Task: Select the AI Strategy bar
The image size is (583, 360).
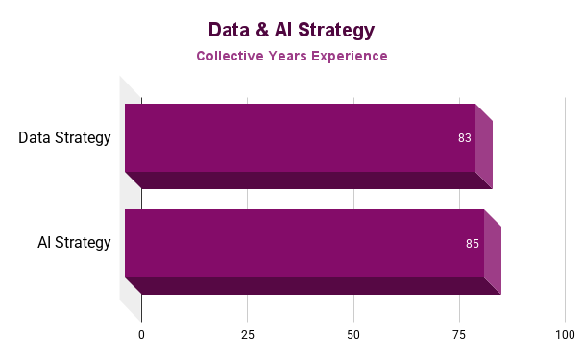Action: tap(304, 243)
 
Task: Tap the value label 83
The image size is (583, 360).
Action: tap(465, 138)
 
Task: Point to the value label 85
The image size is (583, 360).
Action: tap(473, 244)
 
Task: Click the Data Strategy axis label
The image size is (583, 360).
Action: tap(64, 137)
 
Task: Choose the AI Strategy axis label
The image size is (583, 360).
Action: tap(74, 242)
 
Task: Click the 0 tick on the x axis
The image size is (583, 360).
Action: tap(141, 335)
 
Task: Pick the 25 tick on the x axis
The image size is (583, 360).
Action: tap(248, 335)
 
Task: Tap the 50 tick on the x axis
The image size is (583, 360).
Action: tap(353, 335)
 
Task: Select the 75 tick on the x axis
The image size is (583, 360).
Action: tap(459, 335)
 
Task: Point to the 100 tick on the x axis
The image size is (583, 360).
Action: tap(565, 335)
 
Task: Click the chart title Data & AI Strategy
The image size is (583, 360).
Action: tap(291, 30)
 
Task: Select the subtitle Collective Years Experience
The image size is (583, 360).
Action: tap(292, 56)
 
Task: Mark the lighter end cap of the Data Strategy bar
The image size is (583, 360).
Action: tap(484, 146)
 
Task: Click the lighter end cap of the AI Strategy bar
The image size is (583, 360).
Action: tap(493, 252)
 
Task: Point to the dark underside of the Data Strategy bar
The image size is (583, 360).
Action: tap(307, 180)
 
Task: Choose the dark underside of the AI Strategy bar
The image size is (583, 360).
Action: tap(312, 286)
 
